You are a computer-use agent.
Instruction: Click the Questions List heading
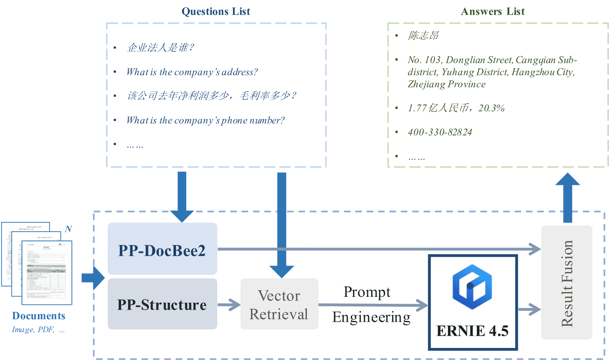216,12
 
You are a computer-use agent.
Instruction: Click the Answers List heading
492,12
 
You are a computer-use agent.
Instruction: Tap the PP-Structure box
162,305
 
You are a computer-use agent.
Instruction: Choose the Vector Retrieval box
279,305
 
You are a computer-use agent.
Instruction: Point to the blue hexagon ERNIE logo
472,287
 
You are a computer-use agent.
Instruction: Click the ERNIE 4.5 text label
472,331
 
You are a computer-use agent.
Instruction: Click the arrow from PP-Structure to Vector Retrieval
229,305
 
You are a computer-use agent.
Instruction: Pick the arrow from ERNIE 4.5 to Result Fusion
529,309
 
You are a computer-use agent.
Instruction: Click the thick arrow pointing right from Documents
93,278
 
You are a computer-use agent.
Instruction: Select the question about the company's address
192,72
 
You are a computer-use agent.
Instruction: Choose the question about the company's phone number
205,120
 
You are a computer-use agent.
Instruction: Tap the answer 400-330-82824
440,132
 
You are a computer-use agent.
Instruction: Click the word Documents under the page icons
39,316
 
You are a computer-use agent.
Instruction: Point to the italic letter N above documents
68,229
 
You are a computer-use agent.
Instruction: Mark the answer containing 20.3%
456,108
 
